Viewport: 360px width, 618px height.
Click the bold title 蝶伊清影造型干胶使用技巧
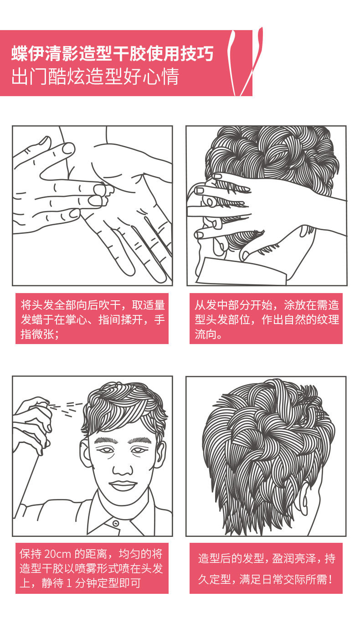point(112,54)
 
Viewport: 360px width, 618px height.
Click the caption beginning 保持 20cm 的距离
point(91,568)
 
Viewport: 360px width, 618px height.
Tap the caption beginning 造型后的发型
point(266,568)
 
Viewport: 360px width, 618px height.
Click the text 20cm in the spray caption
point(57,555)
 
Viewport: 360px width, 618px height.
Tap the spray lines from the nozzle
point(66,408)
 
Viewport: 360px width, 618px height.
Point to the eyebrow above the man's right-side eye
point(144,441)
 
